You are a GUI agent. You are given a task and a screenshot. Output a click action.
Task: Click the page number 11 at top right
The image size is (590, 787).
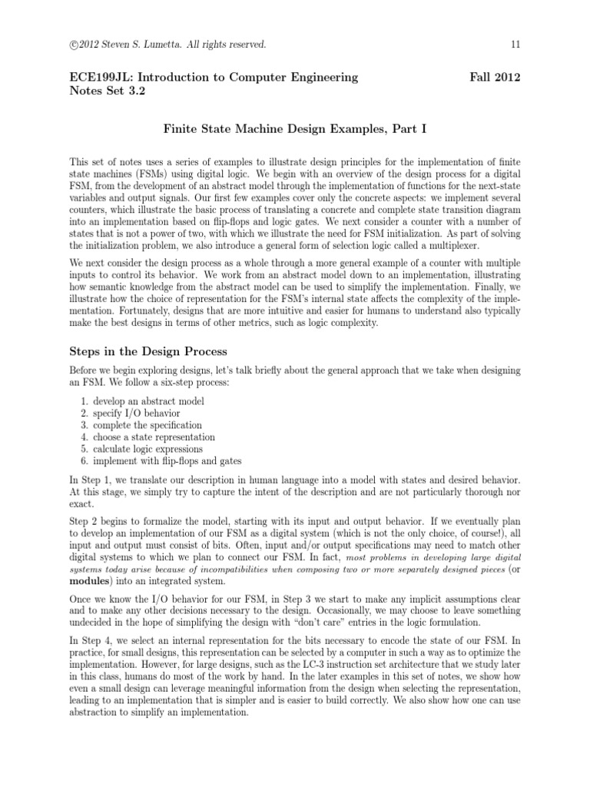(516, 45)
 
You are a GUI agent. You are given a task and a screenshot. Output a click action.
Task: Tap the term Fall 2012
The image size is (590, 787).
(495, 77)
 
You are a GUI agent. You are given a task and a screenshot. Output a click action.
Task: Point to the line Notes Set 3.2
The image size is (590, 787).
(107, 90)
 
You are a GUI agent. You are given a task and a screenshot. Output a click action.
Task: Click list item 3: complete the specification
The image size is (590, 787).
(147, 425)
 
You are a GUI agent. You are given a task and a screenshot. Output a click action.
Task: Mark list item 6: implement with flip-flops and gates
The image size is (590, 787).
(167, 461)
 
